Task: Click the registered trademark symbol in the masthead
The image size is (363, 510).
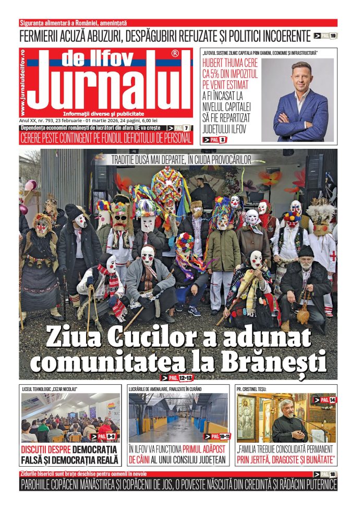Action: pos(175,54)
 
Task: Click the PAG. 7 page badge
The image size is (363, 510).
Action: pos(178,128)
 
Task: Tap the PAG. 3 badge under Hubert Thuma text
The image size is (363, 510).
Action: pos(215,139)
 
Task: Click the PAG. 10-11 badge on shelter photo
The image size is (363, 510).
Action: pos(216,436)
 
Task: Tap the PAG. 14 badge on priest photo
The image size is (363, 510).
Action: pos(324,400)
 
